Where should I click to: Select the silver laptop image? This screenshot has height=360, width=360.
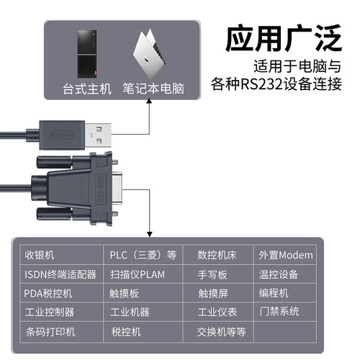pos(152,55)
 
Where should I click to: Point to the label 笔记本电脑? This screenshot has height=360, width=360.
pos(153,90)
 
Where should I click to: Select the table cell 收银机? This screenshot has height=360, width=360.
pos(40,255)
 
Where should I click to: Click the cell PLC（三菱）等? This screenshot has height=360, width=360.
pos(143,255)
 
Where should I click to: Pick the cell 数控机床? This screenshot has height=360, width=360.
pos(222,255)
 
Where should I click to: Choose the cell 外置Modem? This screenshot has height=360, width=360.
pos(286,255)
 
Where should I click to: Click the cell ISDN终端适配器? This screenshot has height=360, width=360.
pos(60,274)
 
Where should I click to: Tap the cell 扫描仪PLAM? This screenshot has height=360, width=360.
pos(138,274)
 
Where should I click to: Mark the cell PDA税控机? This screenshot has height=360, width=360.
pos(50,294)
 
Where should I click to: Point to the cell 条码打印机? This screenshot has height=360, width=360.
pos(50,332)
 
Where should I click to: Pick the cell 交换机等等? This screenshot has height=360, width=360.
pos(222,332)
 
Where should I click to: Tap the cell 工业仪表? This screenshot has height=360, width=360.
pos(217,312)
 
